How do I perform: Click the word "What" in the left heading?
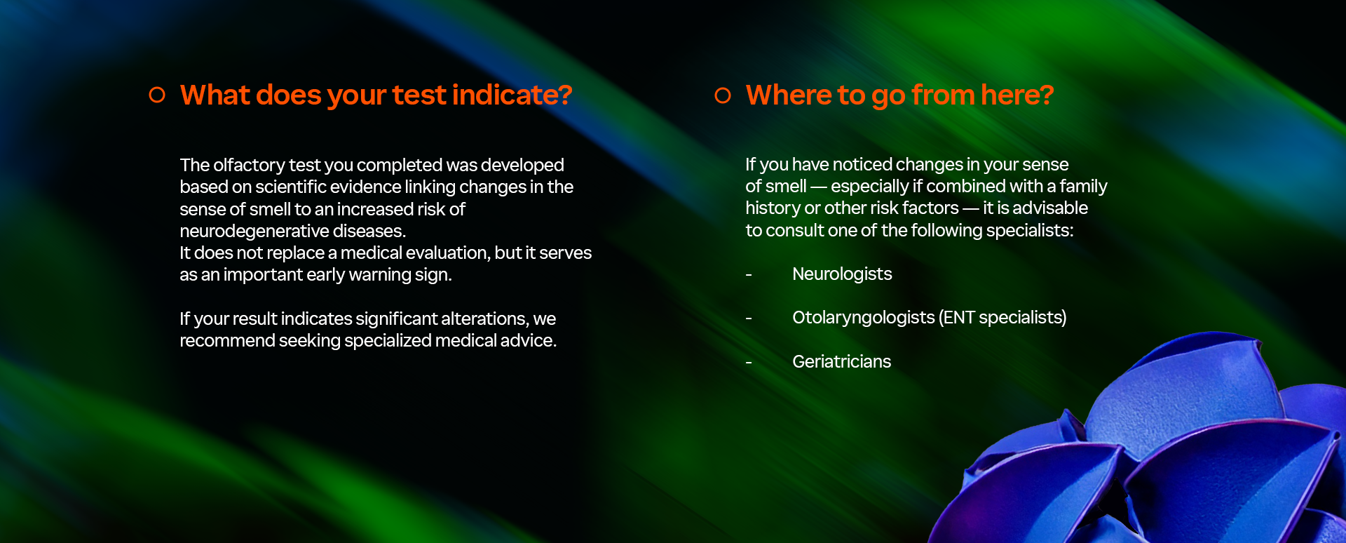pos(215,95)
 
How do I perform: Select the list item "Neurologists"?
pos(842,274)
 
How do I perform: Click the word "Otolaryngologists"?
pos(864,318)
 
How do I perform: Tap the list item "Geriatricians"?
pos(841,361)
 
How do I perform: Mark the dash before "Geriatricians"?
pos(749,363)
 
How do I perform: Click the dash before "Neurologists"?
pos(749,275)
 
